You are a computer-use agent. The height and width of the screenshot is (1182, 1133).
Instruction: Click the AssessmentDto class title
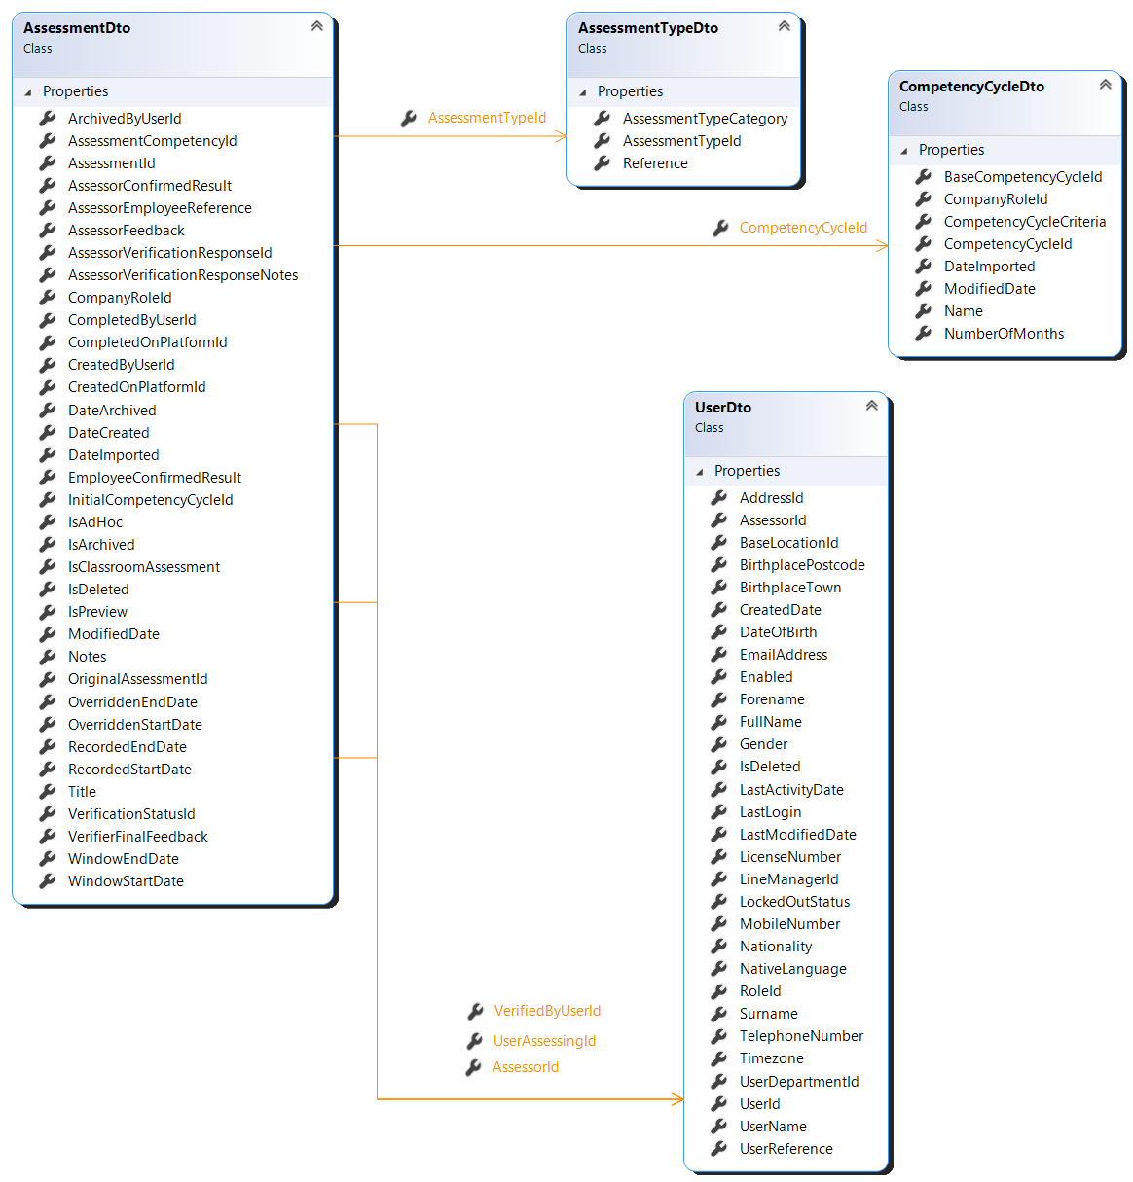77,28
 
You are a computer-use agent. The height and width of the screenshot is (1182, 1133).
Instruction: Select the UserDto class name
723,408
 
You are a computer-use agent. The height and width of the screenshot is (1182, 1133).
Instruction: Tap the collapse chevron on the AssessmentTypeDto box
785,26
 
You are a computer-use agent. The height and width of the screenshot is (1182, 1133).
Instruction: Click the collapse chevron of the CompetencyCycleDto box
1106,85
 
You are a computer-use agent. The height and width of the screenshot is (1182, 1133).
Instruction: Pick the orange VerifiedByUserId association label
547,1011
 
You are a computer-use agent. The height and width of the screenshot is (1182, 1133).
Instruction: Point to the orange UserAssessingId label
544,1041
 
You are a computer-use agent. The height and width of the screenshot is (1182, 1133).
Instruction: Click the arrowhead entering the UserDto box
678,1099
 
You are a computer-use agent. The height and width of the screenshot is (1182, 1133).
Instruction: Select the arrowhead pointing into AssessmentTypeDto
562,136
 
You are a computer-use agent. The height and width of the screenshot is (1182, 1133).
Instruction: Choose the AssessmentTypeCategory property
705,119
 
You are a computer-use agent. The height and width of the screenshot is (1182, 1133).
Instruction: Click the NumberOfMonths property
1004,334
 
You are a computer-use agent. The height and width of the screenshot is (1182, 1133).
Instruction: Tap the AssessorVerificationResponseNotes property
183,275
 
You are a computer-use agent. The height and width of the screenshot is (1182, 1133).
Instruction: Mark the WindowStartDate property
126,881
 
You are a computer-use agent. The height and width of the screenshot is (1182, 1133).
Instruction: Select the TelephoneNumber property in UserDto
801,1036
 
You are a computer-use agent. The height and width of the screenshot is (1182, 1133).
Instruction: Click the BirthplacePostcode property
802,565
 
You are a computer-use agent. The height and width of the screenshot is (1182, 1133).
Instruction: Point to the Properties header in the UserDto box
747,471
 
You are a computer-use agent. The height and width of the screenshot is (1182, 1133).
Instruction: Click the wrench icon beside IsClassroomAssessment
47,567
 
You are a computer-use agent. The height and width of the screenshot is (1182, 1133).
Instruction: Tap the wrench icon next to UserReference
718,1149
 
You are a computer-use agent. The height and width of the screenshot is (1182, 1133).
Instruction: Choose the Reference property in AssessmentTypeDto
655,163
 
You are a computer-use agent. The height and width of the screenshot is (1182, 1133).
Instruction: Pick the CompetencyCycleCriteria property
1025,222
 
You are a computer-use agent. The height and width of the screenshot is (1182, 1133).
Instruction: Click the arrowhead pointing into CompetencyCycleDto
883,246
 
